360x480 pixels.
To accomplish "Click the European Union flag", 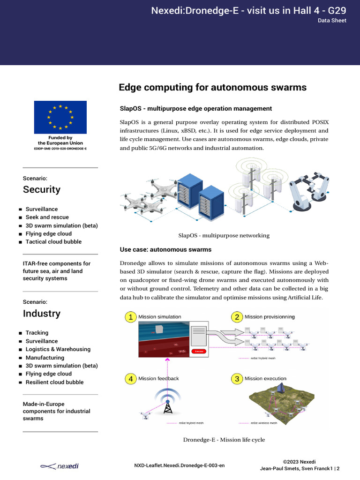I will pos(60,117).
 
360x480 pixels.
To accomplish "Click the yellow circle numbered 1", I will pos(131,317).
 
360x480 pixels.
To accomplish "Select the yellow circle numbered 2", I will pos(237,317).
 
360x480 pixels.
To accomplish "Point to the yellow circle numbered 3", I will pos(237,379).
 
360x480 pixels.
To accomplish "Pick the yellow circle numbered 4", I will pos(131,379).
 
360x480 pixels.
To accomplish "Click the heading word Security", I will pos(42,189).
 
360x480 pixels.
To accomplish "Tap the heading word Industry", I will pos(42,313).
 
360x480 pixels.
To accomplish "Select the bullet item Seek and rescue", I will pos(47,217).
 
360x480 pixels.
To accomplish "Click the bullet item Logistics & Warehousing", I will pos(58,349).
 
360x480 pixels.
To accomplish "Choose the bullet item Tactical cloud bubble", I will pos(53,242).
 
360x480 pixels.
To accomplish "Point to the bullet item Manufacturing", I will pos(45,358).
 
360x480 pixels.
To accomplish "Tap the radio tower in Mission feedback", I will pos(167,405).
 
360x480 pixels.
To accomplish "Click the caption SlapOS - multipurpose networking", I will pos(224,235).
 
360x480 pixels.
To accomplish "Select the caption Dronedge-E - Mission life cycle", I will pos(224,440).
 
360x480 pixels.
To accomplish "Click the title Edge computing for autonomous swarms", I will pos(212,88).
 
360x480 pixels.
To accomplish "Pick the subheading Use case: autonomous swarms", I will pos(165,249).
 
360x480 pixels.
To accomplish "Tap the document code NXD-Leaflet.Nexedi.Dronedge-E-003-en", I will pos(180,465).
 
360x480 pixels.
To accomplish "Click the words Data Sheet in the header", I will pos(332,21).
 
